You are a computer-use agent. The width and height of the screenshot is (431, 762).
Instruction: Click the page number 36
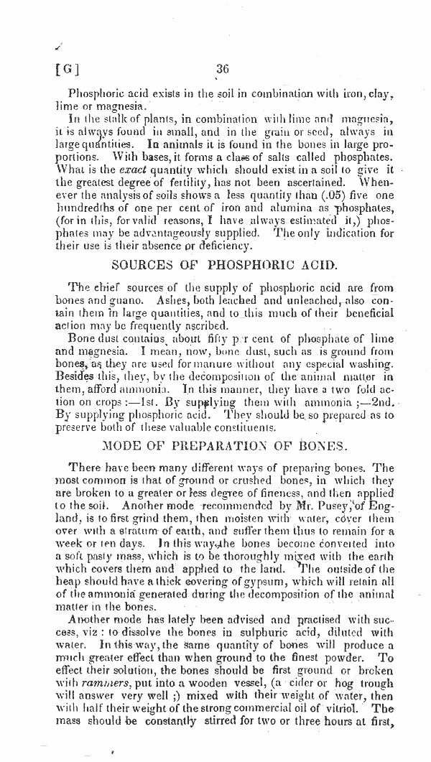tap(221, 70)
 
